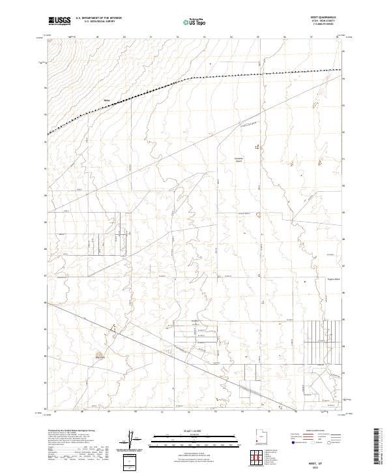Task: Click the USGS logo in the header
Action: tap(60, 21)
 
